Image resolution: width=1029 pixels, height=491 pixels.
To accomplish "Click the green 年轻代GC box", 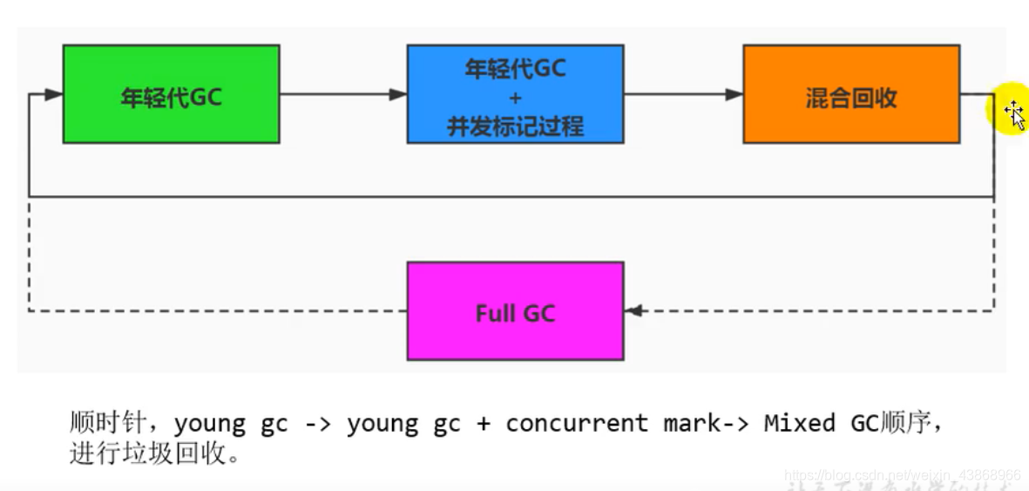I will pos(171,94).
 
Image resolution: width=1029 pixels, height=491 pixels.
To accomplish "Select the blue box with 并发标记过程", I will pos(515,94).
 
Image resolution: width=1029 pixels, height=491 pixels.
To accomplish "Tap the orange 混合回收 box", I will pos(850,94).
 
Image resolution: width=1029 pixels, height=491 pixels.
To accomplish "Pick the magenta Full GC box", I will pos(515,310).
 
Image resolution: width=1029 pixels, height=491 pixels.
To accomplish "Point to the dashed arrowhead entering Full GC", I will pos(633,310).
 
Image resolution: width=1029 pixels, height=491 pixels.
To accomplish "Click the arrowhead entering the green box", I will pos(53,94).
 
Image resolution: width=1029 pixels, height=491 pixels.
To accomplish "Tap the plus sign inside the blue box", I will pos(515,97).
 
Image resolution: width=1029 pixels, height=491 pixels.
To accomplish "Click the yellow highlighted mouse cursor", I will pos(1011,112).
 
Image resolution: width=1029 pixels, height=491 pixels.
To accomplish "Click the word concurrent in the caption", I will pos(577,424).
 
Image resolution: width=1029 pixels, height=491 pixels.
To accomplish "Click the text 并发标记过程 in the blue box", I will pos(515,126).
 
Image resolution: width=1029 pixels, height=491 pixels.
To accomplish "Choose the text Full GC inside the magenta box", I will pos(515,313).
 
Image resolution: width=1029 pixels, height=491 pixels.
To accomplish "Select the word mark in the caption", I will pos(691,424).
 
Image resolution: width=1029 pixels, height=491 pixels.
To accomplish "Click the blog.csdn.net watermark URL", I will pos(902,475).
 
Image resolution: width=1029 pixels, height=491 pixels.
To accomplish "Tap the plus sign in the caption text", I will pos(482,425).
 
